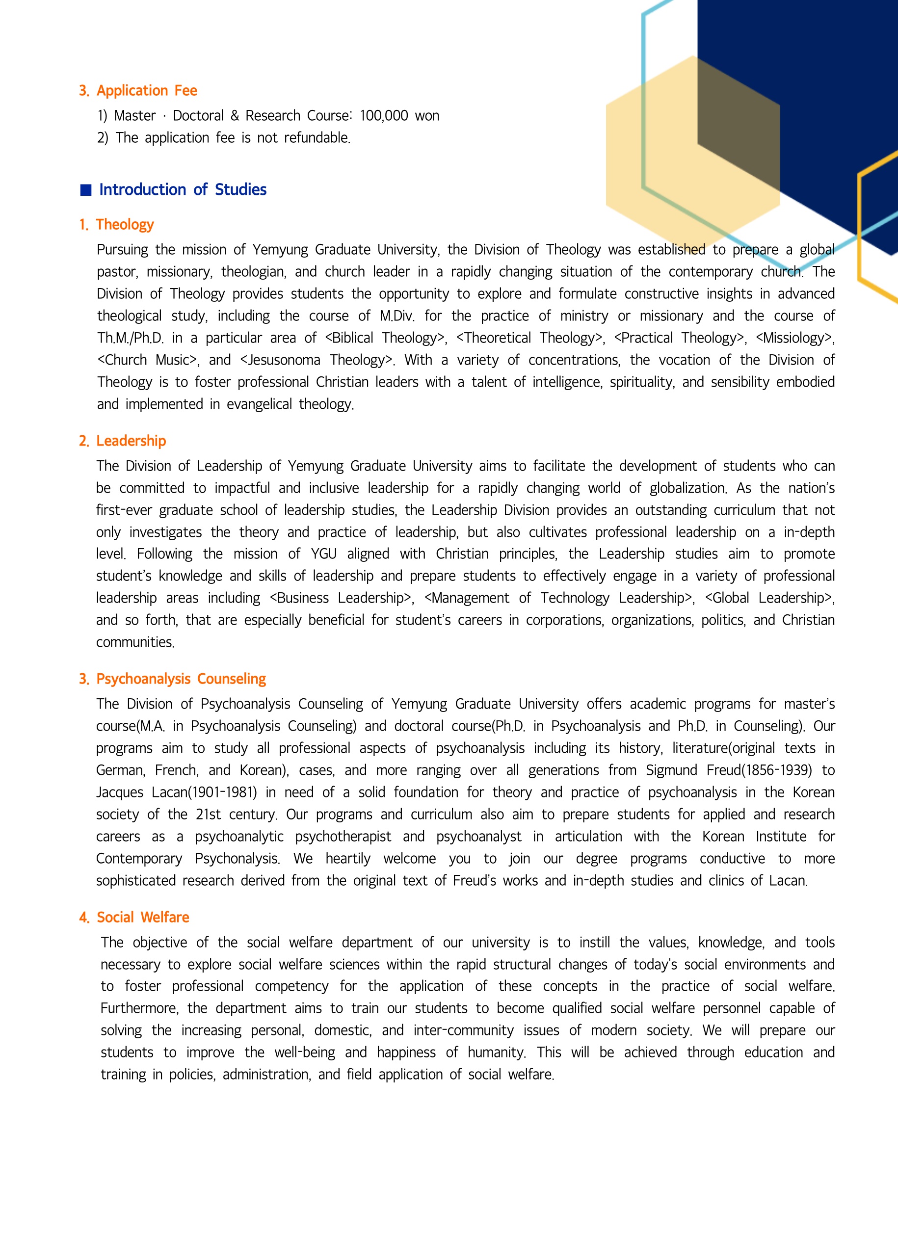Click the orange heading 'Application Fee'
tap(146, 91)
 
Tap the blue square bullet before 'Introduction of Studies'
tap(86, 190)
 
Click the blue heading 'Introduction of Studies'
tap(183, 189)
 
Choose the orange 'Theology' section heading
tap(125, 224)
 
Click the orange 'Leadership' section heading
tap(131, 441)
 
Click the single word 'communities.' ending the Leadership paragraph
tap(135, 642)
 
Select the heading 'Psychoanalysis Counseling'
tap(181, 679)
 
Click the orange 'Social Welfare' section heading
tap(142, 918)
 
